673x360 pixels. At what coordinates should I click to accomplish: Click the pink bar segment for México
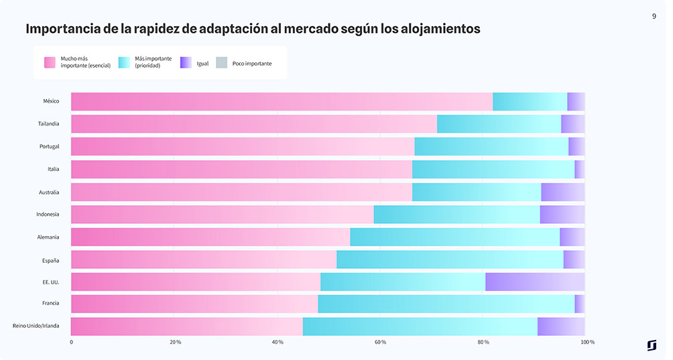(282, 101)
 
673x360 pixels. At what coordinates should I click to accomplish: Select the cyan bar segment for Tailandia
(499, 124)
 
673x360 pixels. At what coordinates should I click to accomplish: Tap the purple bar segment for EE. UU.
(535, 282)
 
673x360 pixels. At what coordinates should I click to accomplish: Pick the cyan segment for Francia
(446, 304)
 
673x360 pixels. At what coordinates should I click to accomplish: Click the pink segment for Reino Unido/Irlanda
(187, 326)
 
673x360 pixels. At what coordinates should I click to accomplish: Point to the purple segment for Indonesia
(562, 215)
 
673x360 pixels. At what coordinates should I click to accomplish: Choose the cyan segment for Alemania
(454, 237)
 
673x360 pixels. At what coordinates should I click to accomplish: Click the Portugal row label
(49, 147)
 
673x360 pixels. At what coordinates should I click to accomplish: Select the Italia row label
(53, 170)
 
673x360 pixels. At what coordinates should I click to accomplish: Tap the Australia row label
(49, 192)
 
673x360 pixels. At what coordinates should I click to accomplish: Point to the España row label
(50, 259)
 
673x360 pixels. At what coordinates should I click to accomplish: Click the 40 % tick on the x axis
(278, 343)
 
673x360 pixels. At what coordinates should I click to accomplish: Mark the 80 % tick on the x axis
(483, 343)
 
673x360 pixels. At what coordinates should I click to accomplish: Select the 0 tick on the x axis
(72, 343)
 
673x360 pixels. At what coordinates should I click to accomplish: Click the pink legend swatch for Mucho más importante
(50, 62)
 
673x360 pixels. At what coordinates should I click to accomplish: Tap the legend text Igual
(202, 64)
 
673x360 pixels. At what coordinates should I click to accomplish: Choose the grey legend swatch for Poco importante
(221, 62)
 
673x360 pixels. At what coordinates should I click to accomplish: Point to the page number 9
(654, 16)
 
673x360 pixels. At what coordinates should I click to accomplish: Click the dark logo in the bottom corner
(652, 345)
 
